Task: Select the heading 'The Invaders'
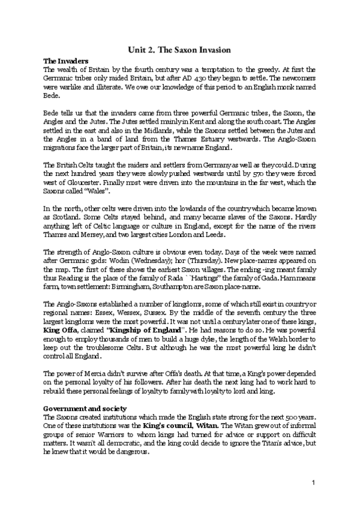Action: [67, 61]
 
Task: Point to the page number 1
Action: [313, 483]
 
